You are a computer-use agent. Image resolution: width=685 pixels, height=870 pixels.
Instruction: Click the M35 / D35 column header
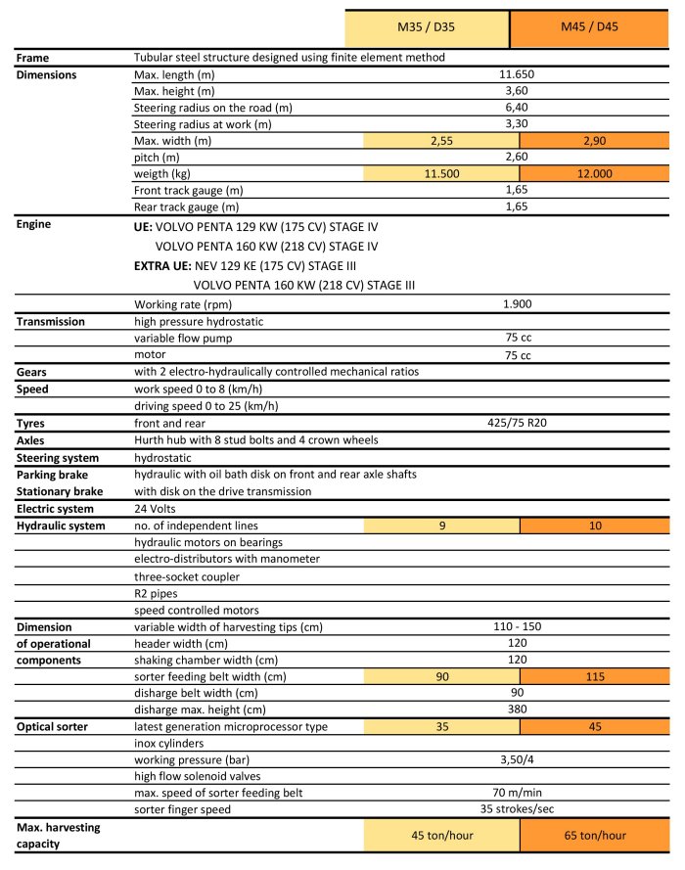pos(427,29)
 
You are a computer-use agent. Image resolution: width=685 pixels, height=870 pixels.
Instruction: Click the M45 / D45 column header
pos(590,29)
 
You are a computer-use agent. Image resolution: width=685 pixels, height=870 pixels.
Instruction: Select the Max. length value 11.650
pos(517,74)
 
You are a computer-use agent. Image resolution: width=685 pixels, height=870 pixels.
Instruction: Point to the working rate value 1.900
pos(517,303)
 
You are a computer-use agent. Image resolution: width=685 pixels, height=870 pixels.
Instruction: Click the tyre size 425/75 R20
pos(517,423)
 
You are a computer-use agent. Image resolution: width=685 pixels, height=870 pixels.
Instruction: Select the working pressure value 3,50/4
pos(517,759)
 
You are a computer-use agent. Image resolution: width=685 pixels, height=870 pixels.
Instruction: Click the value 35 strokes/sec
pos(517,809)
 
